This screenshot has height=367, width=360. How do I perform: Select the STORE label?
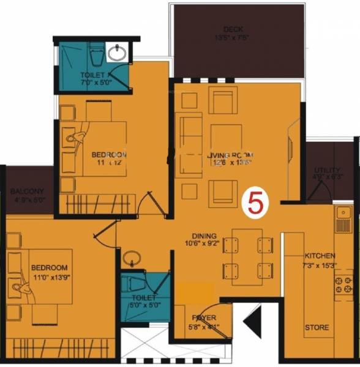317,327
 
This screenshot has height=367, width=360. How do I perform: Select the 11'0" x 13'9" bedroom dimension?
51,278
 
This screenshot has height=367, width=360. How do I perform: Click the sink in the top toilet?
117,53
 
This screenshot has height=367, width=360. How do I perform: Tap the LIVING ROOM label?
230,155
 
